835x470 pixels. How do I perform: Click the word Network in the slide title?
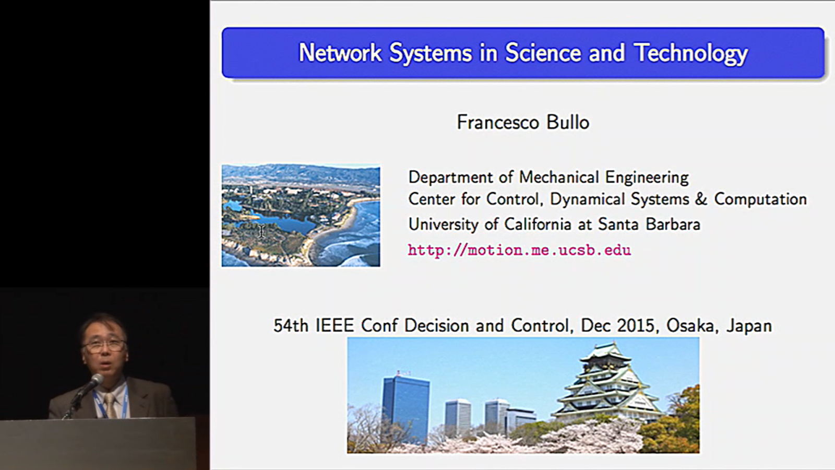coord(340,53)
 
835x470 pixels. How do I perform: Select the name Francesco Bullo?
coord(523,122)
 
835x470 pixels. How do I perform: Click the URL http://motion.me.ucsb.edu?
coord(519,250)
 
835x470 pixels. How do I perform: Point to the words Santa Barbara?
coord(649,224)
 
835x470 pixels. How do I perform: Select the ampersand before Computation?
coord(701,199)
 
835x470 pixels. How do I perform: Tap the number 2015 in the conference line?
coord(636,326)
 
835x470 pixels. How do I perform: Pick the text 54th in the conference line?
coord(291,326)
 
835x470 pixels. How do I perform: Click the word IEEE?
coord(335,326)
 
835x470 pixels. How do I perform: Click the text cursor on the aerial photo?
coord(261,231)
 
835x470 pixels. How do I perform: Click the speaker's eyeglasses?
coord(105,346)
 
